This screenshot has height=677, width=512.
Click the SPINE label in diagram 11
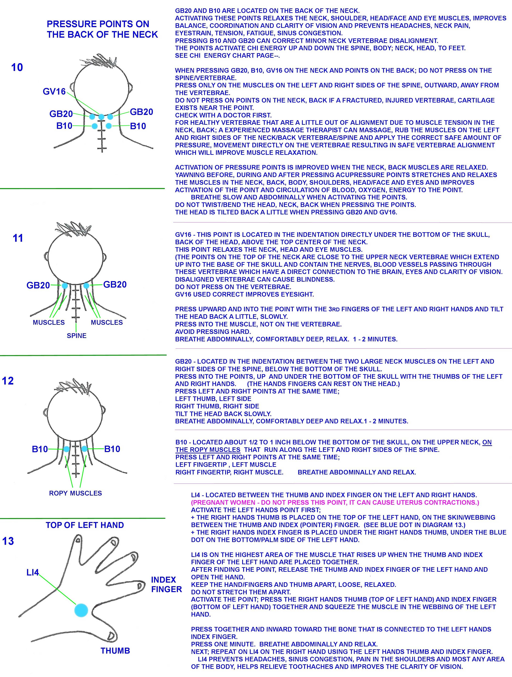(x=77, y=336)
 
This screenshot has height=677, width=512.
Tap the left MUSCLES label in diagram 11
(x=49, y=323)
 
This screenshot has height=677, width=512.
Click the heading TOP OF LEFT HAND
(x=85, y=525)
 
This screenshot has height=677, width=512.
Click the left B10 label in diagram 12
(x=40, y=449)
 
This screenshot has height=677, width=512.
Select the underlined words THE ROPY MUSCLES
(x=208, y=450)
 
